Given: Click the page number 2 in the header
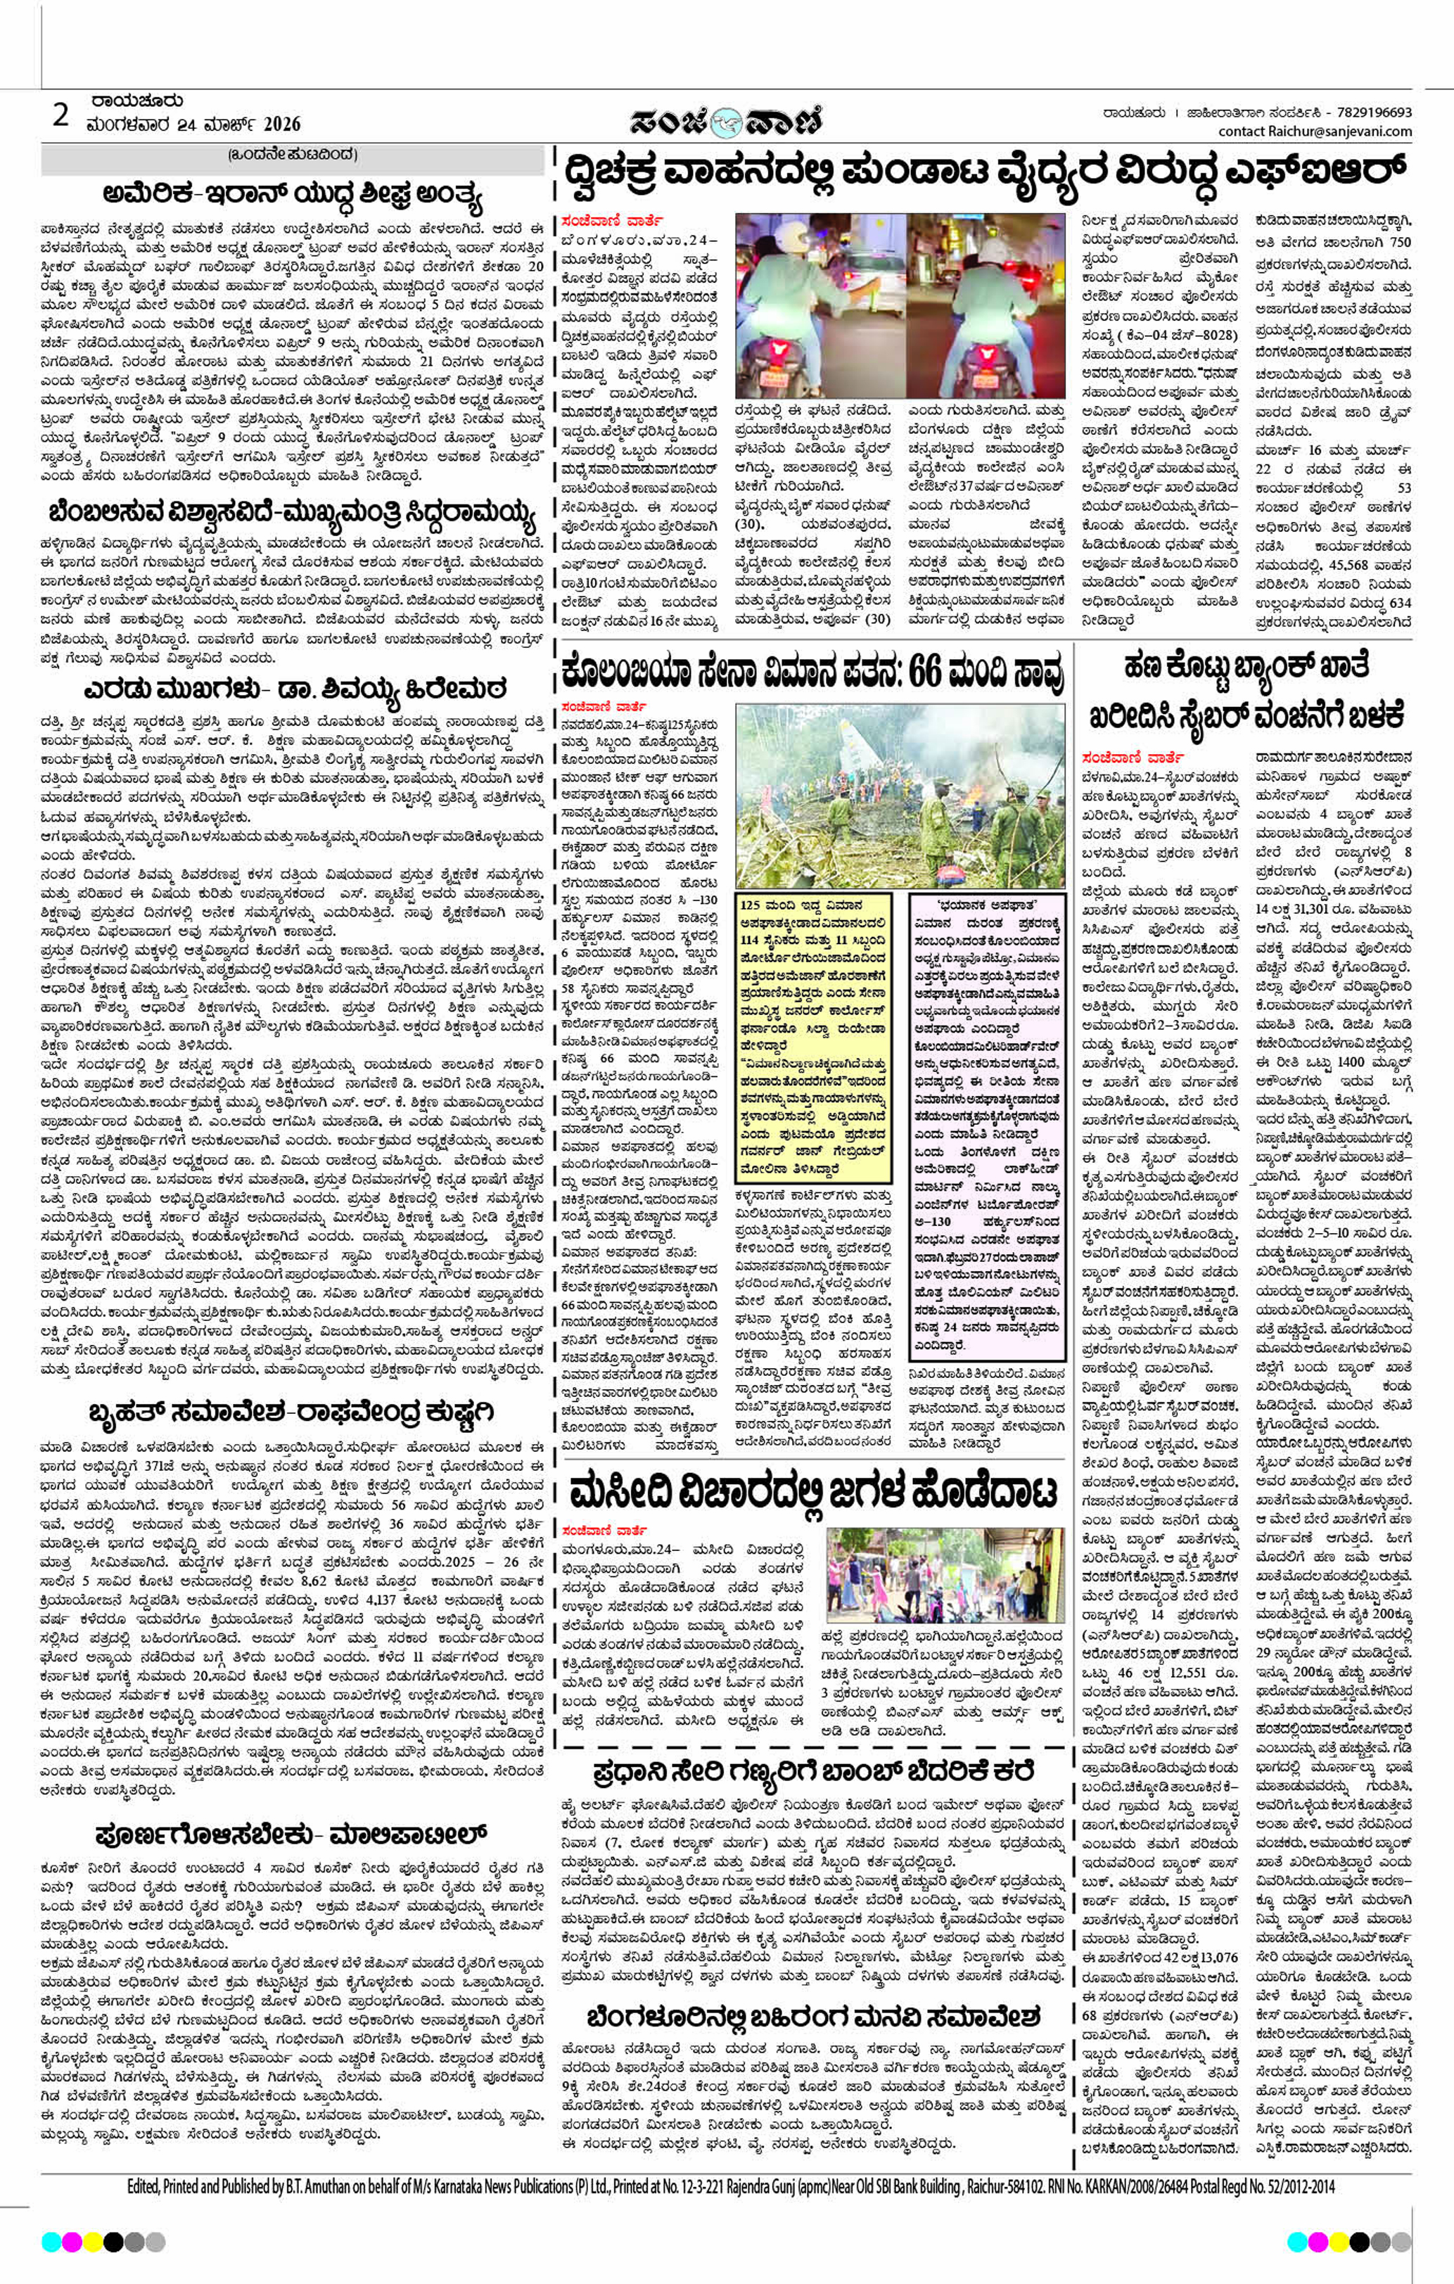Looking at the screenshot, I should pos(60,116).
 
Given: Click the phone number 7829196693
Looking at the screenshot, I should pos(1369,112).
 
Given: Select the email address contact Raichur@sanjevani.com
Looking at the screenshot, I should pos(1315,131).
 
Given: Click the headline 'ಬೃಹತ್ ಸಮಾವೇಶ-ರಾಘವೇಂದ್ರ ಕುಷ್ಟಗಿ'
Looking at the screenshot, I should pos(291,1411).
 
